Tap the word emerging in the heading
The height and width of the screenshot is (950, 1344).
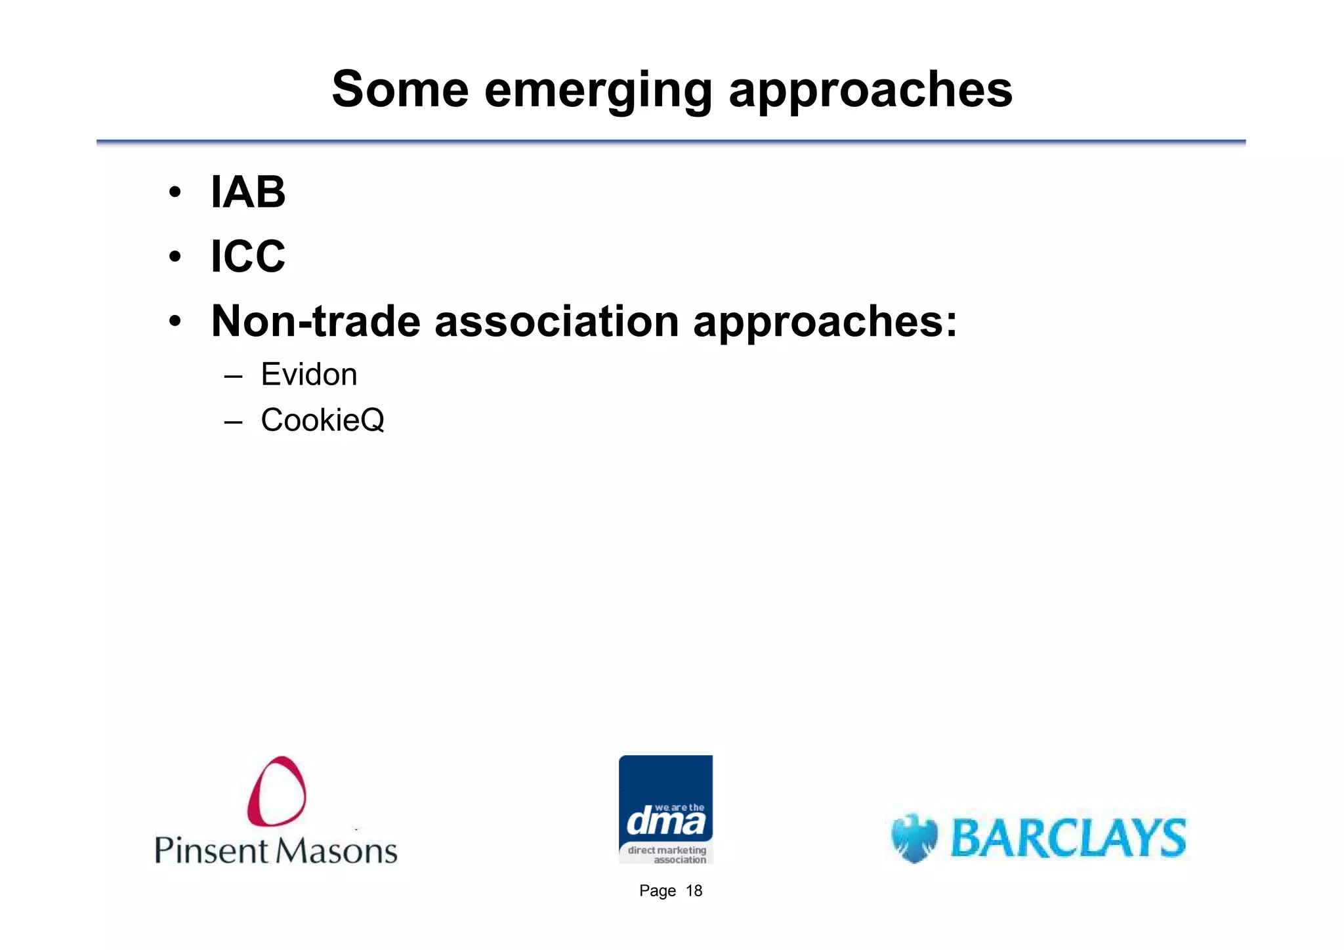point(598,91)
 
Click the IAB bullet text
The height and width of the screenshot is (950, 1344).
point(248,192)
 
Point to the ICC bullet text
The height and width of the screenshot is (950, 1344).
point(248,256)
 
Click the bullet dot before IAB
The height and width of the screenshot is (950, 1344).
point(175,193)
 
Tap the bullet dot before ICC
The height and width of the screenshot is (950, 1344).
point(175,257)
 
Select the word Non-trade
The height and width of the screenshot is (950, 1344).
point(316,321)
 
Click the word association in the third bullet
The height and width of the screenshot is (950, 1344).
point(556,321)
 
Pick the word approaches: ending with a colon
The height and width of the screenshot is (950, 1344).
point(825,323)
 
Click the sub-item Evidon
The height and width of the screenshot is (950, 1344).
point(308,375)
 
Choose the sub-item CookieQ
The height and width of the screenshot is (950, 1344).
point(322,420)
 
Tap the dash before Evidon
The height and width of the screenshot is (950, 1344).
point(233,377)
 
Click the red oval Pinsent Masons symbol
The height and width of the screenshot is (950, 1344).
point(276,791)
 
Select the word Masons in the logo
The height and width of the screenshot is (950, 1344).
point(336,851)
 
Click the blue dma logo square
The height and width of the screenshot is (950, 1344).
point(665,808)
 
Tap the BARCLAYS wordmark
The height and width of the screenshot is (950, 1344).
point(1068,838)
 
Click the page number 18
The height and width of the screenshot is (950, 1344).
point(694,891)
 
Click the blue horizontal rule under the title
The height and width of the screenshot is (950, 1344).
point(671,142)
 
